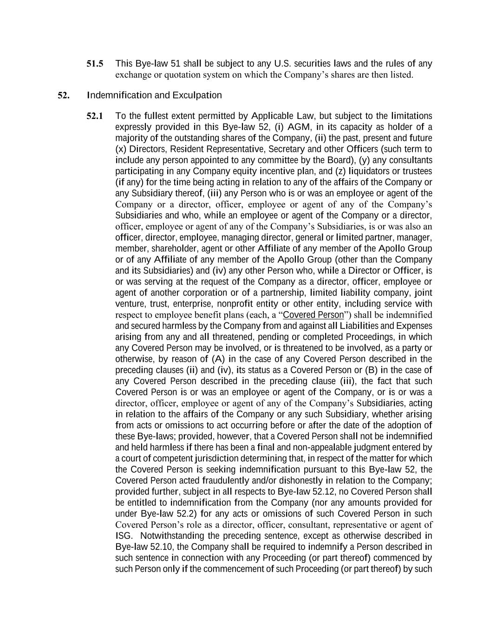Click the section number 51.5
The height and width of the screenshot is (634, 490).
click(x=95, y=64)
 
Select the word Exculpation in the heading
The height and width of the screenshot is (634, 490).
click(x=197, y=95)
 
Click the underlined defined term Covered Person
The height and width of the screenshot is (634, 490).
click(x=314, y=315)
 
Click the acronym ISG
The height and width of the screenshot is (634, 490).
click(x=123, y=536)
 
